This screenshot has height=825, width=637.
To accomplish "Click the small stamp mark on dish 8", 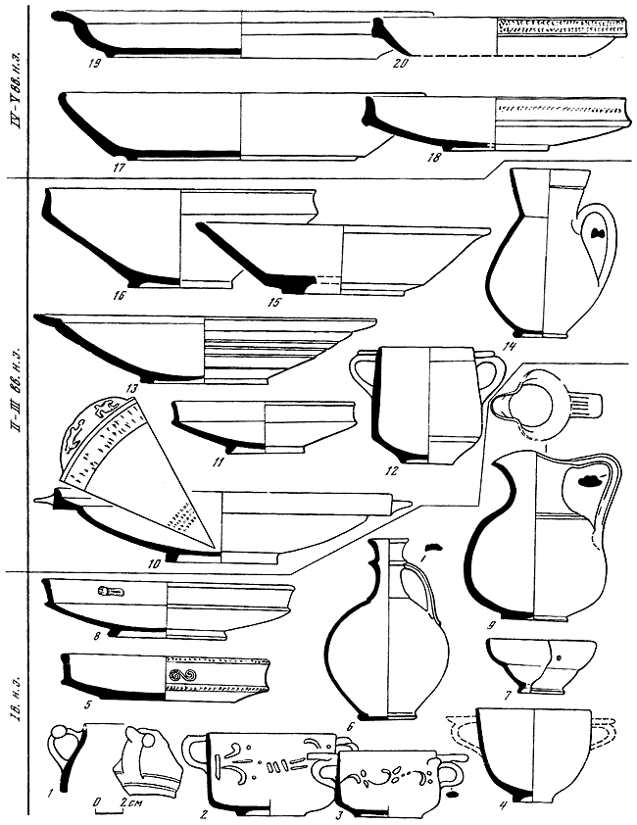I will [109, 592].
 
